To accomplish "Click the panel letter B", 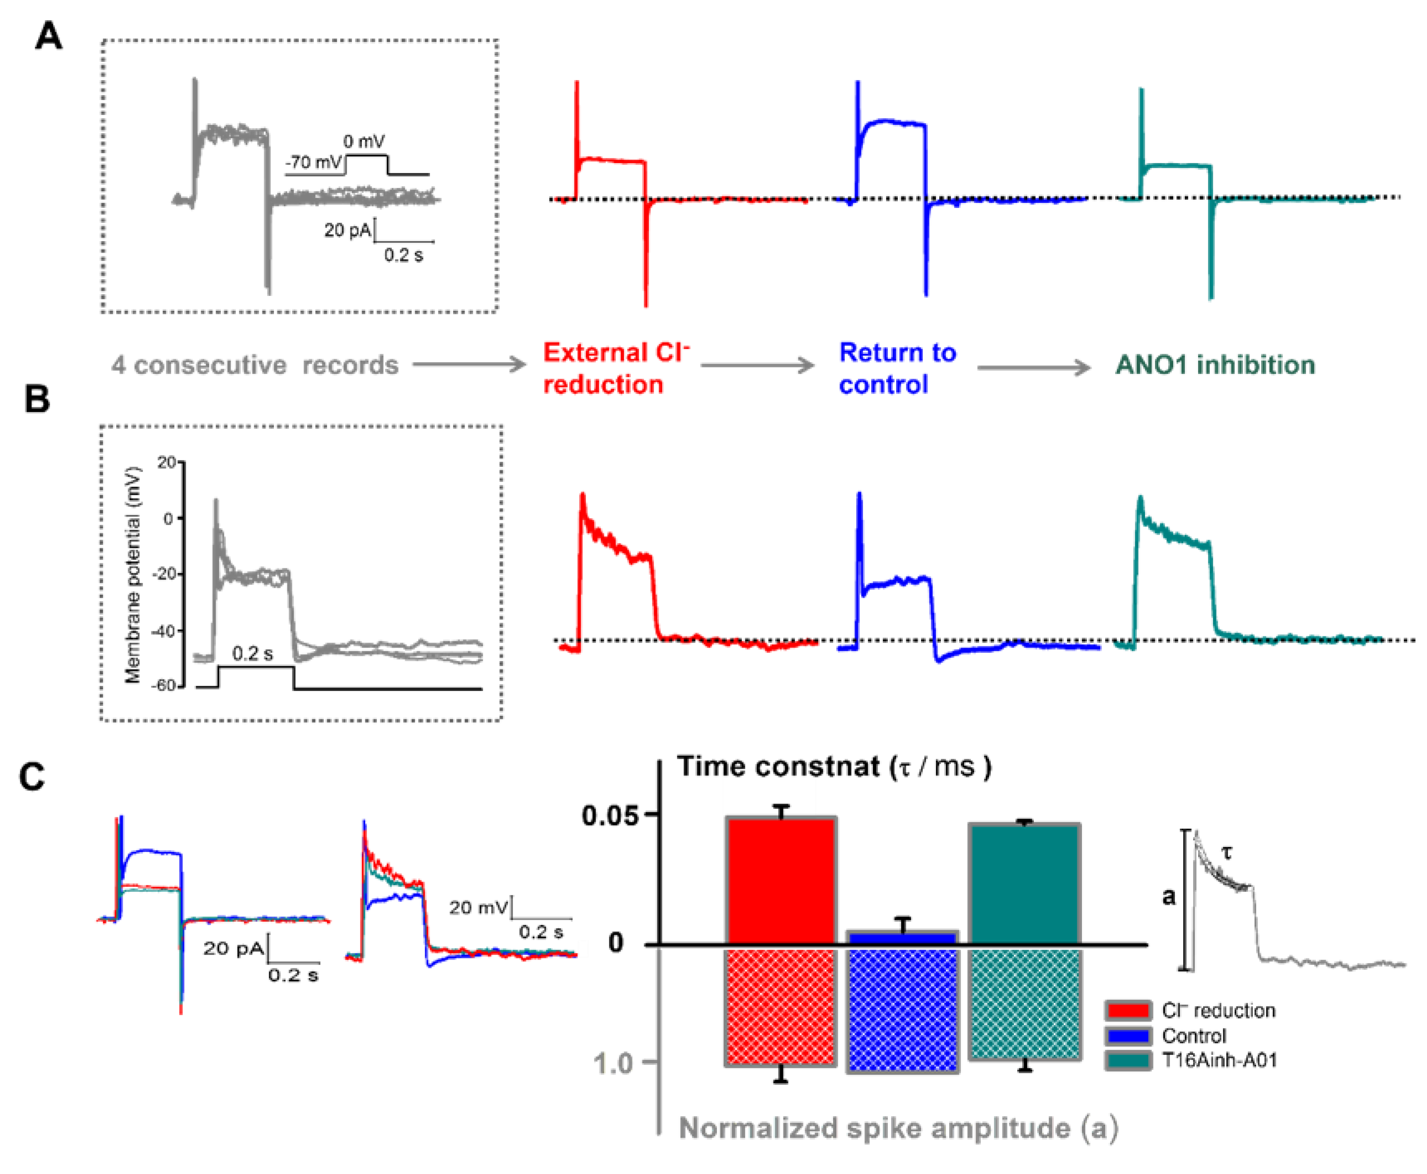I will tap(37, 399).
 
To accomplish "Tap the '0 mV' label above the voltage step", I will tap(364, 142).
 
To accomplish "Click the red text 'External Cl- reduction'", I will tap(615, 368).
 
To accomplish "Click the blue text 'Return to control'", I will tap(897, 368).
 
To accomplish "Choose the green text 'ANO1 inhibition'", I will tap(1215, 365).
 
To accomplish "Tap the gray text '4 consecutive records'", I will tap(255, 365).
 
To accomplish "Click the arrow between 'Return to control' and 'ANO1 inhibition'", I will tap(1033, 367).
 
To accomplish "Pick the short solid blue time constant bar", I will tap(902, 937).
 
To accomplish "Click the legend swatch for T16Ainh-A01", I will tap(1128, 1060).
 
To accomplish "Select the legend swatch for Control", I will tap(1128, 1035).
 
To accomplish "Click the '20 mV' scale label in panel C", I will tap(478, 908).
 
